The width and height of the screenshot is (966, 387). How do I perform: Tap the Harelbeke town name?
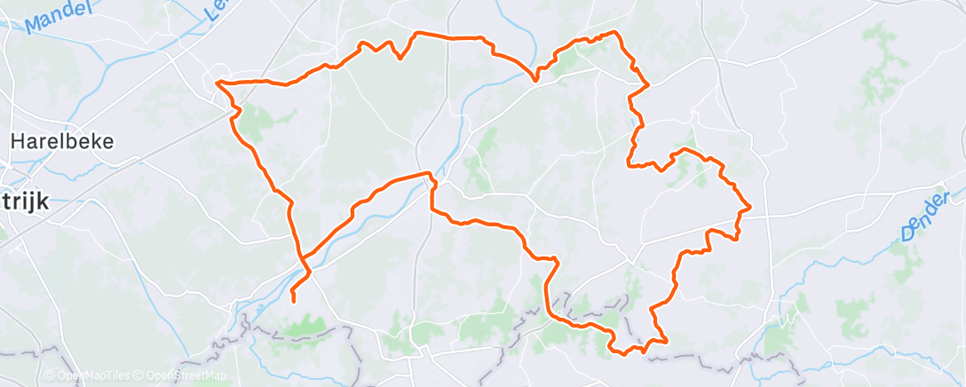click(67, 141)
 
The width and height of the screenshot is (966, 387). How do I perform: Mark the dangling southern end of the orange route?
click(293, 302)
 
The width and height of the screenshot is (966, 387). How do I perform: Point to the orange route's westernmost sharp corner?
click(218, 83)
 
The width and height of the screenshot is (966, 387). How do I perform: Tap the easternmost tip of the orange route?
click(751, 207)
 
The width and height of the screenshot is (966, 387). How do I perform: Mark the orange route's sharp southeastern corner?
click(665, 338)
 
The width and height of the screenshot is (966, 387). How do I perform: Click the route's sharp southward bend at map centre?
click(432, 177)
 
